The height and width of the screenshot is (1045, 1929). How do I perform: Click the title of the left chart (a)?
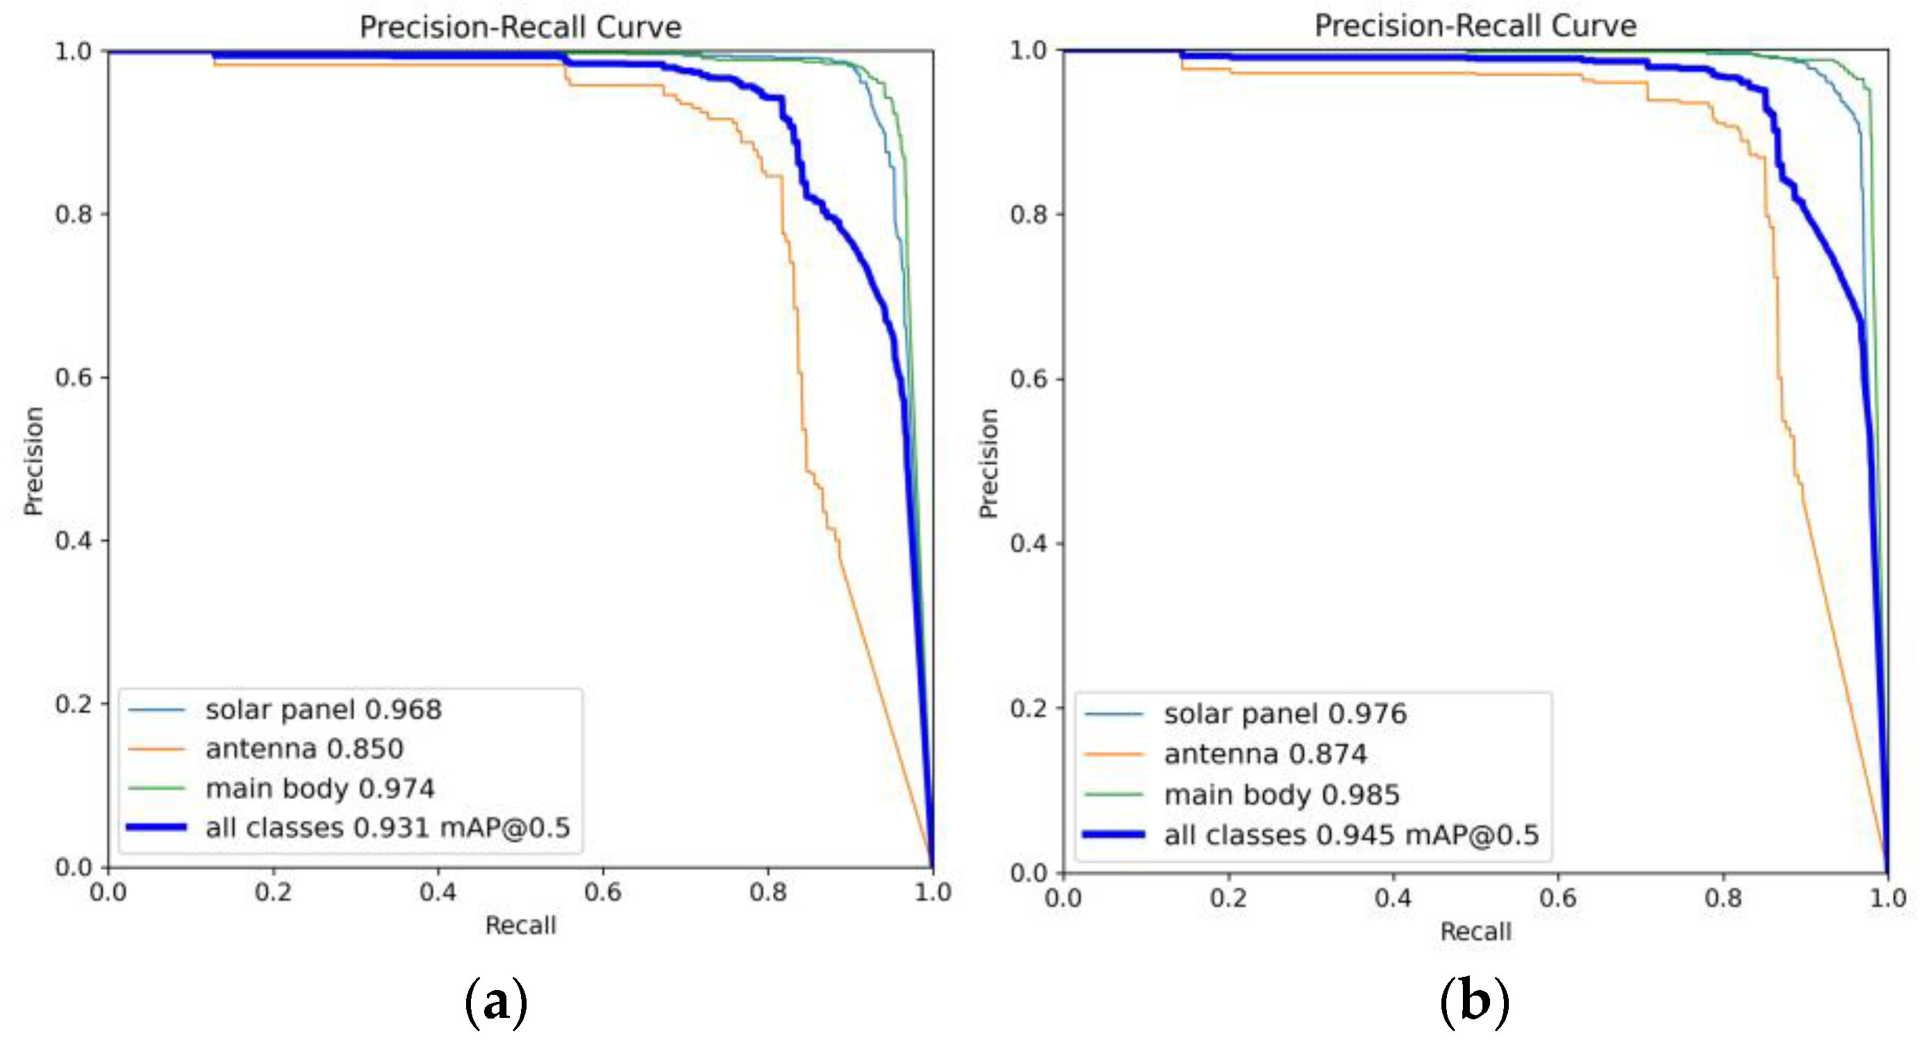pos(520,28)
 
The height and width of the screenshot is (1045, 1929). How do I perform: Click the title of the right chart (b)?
pos(1475,26)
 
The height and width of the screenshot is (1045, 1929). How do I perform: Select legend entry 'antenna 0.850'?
pos(304,749)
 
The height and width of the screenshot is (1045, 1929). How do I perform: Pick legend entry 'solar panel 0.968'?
pos(323,710)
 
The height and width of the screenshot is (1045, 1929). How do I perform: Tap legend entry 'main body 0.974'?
pos(320,788)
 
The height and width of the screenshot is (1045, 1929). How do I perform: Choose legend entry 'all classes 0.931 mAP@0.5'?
pos(387,828)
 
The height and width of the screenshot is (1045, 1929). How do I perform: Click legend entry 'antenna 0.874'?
pos(1265,754)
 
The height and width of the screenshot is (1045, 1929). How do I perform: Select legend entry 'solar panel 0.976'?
pos(1284,714)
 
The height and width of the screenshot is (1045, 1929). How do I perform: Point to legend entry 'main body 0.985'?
pos(1281,794)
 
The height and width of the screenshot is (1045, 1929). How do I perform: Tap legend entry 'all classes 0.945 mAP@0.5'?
pos(1350,834)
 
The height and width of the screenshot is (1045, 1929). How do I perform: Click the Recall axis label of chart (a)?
pos(520,926)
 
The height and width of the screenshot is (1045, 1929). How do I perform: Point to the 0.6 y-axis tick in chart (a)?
pos(72,378)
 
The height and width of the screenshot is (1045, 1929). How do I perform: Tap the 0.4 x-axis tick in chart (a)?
pos(438,892)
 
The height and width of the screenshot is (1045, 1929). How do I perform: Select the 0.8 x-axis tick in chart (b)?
pos(1722,898)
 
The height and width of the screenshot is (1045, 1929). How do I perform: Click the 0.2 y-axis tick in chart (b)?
pos(1027,707)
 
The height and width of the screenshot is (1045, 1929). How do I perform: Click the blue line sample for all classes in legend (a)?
pos(156,827)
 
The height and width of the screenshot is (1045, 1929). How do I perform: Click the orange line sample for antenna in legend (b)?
pos(1114,754)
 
